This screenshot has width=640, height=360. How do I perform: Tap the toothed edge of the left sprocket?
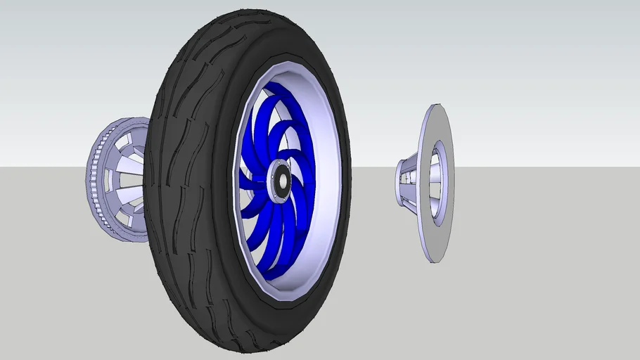pos(91,179)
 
